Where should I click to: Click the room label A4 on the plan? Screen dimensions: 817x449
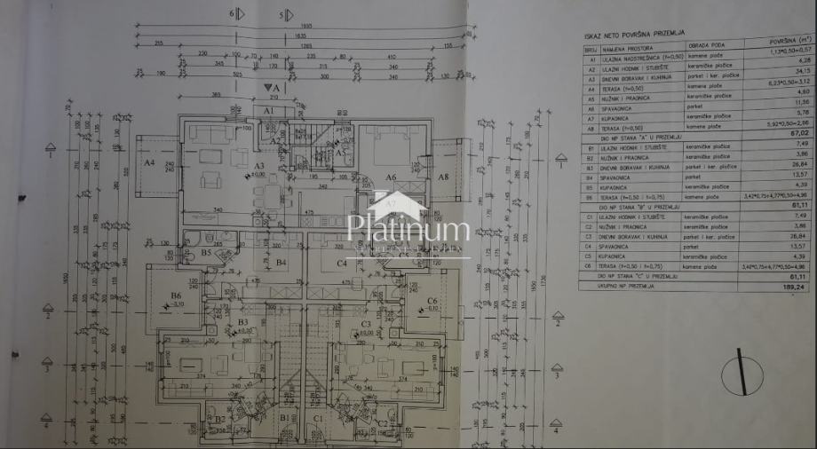tap(149, 163)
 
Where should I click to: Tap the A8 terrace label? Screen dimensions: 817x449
tap(443, 176)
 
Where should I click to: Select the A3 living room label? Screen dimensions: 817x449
tap(259, 166)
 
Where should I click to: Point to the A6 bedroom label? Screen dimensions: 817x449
tap(390, 177)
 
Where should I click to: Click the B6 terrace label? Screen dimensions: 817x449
tap(176, 295)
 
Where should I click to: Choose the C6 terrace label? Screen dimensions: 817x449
tap(432, 302)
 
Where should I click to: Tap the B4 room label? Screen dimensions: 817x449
tap(282, 263)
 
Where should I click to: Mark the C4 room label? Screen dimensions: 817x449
tap(340, 263)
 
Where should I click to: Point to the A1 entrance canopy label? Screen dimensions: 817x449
tap(269, 110)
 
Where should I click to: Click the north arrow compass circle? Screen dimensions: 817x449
tap(742, 374)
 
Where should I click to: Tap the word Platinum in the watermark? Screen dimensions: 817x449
tap(408, 230)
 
